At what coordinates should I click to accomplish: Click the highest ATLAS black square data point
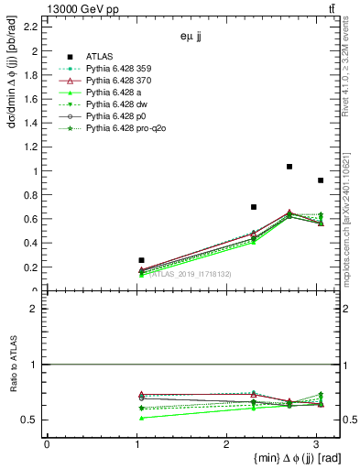[289, 167]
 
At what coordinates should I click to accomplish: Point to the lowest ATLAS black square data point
[141, 260]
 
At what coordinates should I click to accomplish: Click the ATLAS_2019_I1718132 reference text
[191, 274]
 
